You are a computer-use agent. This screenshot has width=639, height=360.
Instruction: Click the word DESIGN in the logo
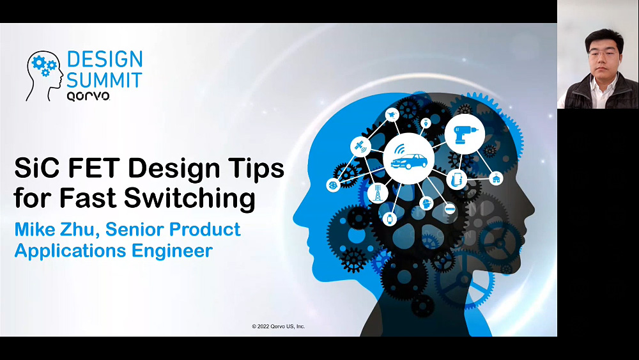(105, 59)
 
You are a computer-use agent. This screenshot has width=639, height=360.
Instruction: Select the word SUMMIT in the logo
(104, 80)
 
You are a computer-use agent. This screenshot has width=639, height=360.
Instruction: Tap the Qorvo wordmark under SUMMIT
(88, 96)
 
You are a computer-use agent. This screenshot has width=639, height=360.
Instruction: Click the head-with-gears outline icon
(45, 75)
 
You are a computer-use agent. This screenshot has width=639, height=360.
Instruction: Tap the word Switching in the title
(190, 199)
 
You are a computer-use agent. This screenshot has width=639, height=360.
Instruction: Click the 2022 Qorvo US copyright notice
(279, 326)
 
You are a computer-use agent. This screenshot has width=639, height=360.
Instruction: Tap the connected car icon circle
(409, 159)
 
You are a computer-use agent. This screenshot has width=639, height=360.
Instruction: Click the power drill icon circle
(465, 134)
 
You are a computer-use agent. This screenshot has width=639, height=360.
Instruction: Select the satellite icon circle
(360, 146)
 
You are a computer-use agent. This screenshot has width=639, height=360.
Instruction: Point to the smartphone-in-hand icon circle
(457, 179)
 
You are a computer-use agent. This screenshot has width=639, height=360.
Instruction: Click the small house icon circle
(496, 178)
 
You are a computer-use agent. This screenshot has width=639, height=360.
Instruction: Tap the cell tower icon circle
(378, 193)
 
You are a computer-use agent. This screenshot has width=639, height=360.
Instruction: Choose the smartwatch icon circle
(390, 219)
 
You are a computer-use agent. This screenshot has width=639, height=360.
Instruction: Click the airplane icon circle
(392, 115)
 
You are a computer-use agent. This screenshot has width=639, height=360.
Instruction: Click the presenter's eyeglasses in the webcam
(603, 54)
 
